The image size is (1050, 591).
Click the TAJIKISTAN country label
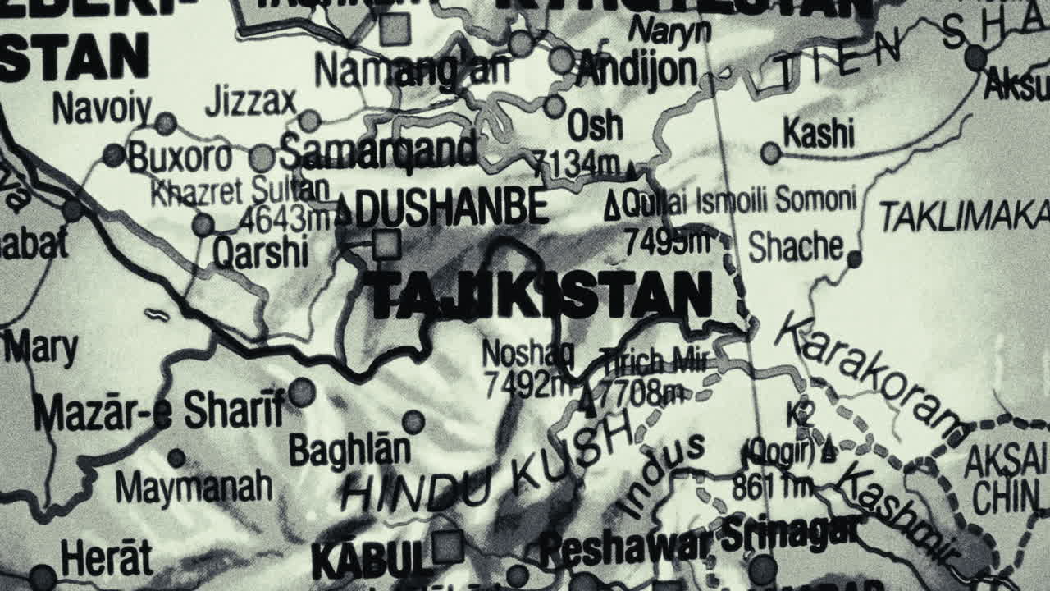[538, 295]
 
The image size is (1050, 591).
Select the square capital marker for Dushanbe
[386, 245]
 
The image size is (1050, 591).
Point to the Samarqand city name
[378, 150]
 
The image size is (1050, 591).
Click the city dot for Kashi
[770, 153]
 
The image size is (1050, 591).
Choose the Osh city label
[595, 126]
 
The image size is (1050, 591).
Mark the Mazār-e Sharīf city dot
[301, 392]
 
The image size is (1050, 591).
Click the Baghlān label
[349, 450]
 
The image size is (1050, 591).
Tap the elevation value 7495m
[666, 241]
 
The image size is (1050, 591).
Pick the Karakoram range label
[870, 373]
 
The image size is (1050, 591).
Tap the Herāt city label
[107, 559]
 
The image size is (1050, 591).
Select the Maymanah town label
[194, 487]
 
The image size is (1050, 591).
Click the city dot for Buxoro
[114, 154]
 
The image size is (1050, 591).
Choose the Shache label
[796, 246]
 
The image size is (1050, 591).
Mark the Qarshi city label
[260, 253]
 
